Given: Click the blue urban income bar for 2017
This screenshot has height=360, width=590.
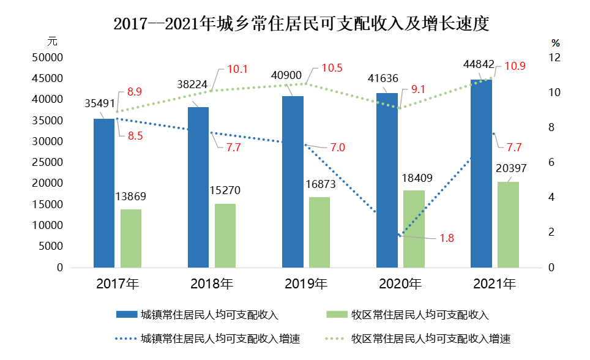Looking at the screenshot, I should (x=104, y=193).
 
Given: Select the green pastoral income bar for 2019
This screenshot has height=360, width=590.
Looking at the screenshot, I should (x=319, y=232).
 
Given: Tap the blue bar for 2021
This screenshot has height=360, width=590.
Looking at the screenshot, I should (x=481, y=174).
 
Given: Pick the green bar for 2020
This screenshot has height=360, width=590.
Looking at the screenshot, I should (x=414, y=229).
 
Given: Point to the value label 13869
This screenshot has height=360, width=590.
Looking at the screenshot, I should (x=130, y=197).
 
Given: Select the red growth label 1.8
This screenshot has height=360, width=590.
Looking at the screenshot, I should (x=447, y=238).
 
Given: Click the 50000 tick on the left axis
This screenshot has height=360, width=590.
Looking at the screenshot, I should (x=48, y=58).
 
